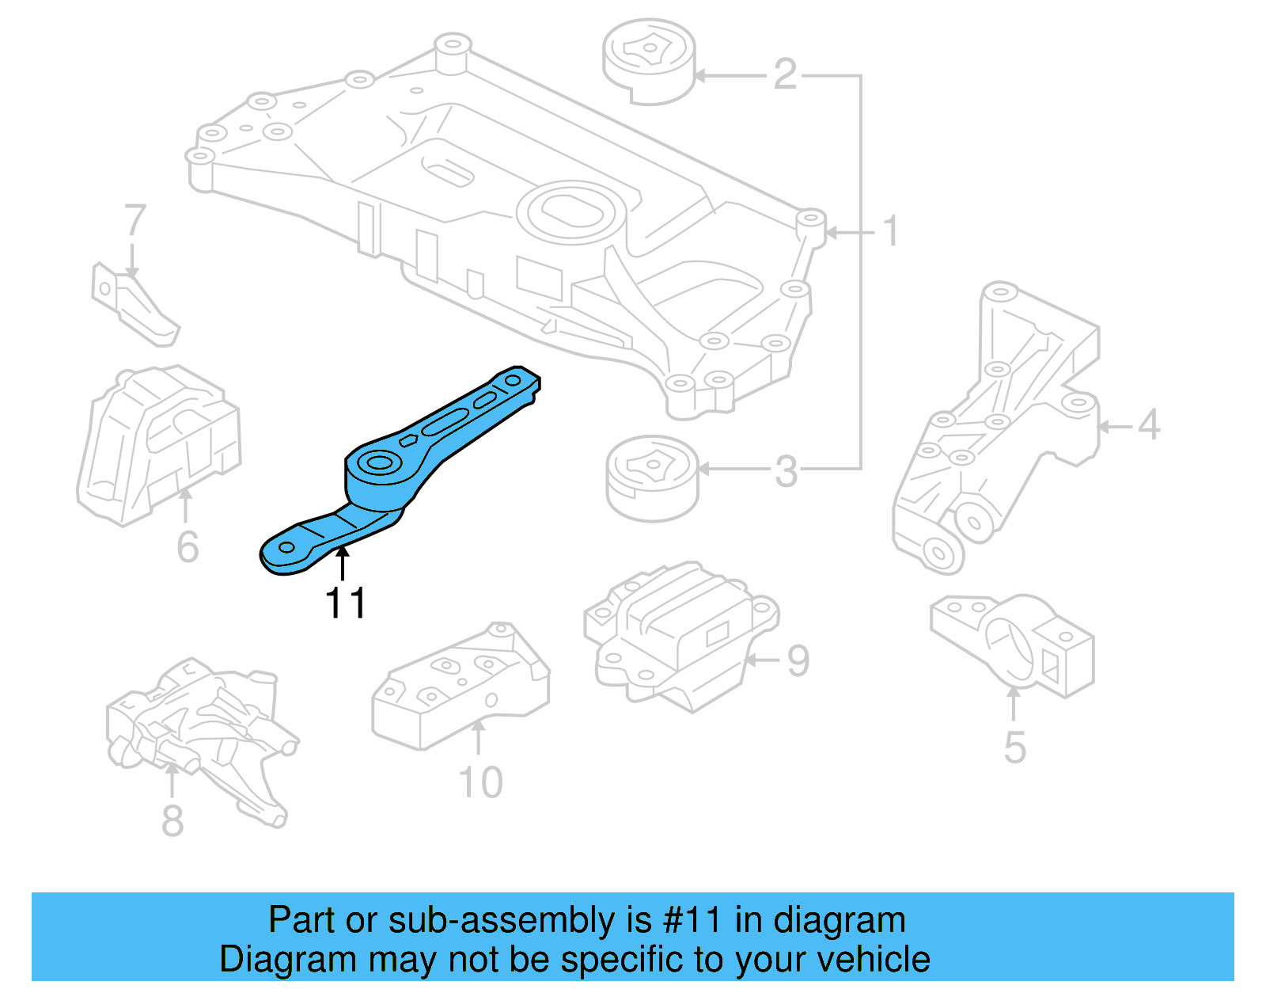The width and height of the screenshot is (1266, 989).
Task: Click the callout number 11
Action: tap(346, 603)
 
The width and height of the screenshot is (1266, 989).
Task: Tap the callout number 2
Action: tap(784, 74)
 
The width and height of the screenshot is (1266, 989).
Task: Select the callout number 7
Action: tap(135, 221)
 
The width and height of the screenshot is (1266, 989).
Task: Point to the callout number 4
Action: tap(1149, 425)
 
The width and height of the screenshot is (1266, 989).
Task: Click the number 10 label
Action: tap(480, 782)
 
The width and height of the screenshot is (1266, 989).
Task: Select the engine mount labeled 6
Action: tap(158, 443)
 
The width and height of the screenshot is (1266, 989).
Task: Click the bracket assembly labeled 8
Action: tap(202, 736)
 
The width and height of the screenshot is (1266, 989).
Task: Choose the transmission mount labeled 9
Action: tap(680, 633)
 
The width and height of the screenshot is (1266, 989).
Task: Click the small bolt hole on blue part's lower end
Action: tap(286, 547)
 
